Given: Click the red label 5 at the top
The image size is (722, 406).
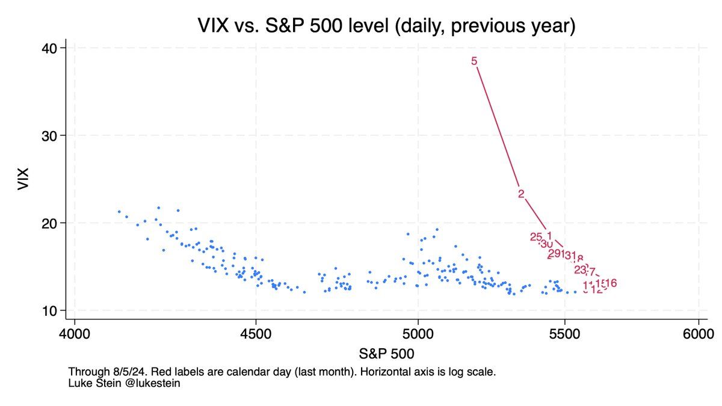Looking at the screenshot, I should (474, 61).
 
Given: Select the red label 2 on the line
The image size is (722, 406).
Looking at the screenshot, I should (521, 194).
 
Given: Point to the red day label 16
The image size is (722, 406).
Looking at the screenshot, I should (610, 283).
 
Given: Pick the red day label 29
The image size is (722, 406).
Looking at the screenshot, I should (555, 253).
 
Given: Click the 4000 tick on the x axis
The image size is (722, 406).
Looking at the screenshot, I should (74, 333).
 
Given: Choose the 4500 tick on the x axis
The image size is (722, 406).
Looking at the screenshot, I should (256, 333).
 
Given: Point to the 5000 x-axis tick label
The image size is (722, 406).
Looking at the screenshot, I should (418, 333).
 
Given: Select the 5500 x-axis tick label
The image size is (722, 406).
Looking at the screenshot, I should (565, 333).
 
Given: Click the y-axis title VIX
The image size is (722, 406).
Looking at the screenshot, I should (23, 179).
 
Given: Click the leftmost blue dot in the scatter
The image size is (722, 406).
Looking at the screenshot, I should (119, 212).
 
